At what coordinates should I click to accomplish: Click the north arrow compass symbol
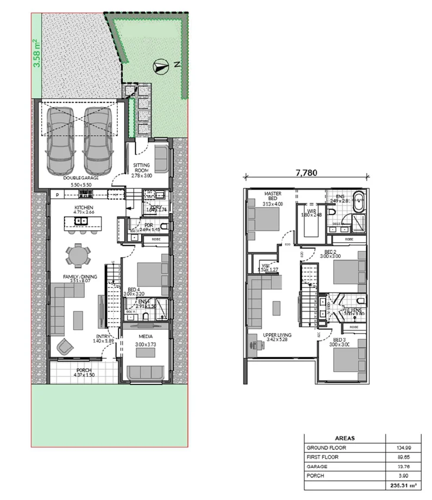[160, 66]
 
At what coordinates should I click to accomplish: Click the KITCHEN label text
[85, 208]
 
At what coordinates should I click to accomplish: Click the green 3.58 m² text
[37, 53]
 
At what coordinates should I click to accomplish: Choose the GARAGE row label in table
[318, 467]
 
